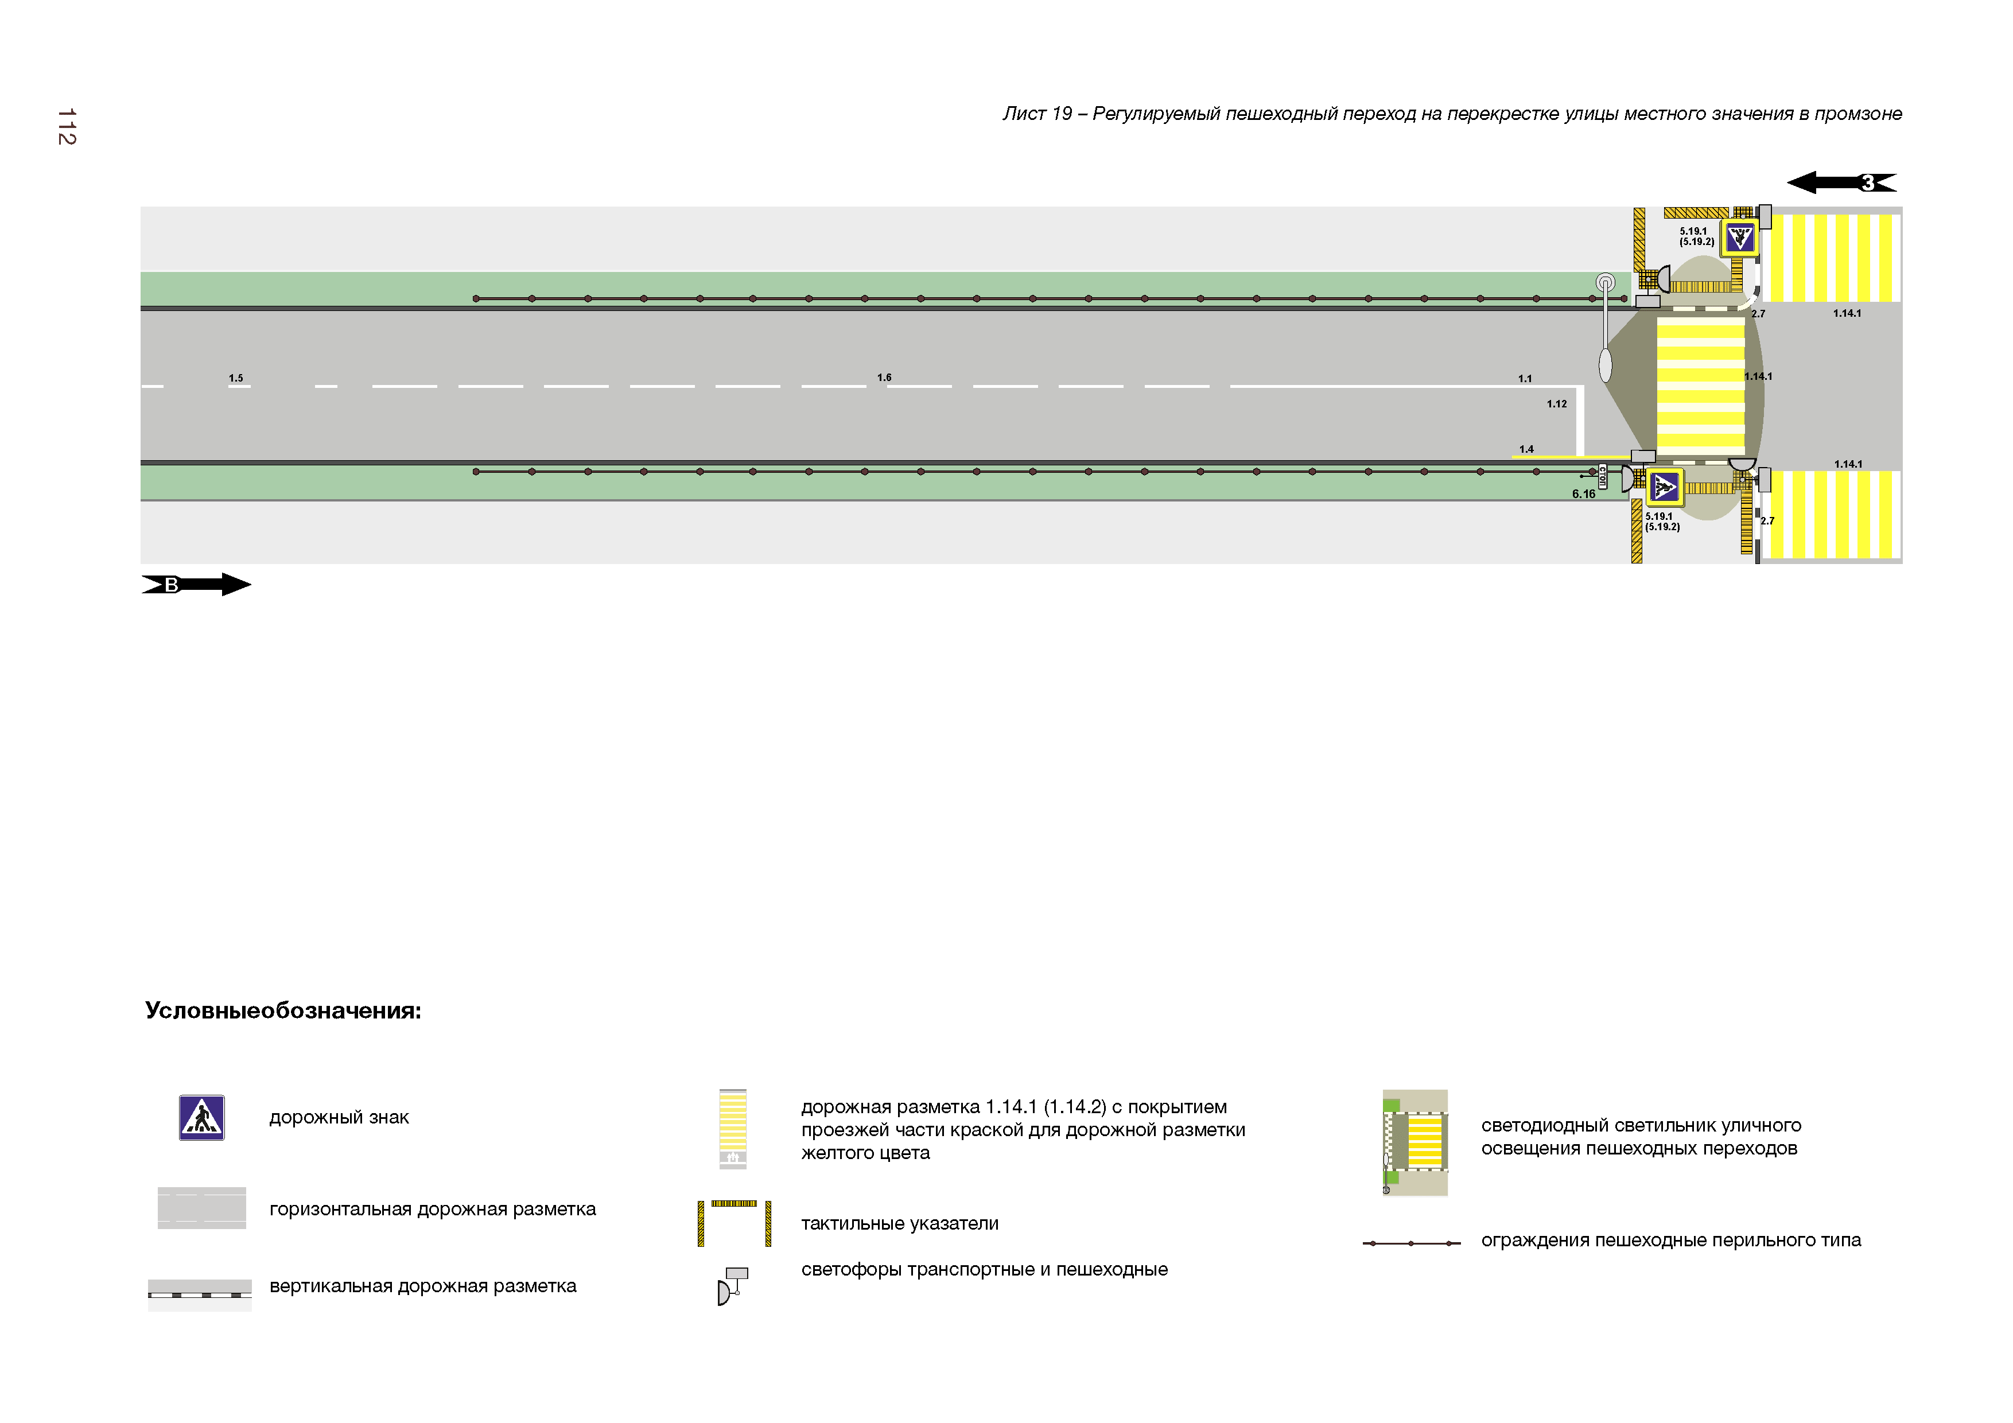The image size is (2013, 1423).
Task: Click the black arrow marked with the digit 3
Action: (1841, 182)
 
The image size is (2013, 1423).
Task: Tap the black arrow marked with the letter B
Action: (196, 585)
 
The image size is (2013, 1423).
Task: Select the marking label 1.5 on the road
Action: (236, 379)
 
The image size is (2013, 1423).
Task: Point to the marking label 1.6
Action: (884, 378)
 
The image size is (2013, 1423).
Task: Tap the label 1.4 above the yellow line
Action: (1526, 449)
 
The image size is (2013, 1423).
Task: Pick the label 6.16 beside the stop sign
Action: (1583, 495)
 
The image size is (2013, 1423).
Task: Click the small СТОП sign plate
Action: (1602, 477)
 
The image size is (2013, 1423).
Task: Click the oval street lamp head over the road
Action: (1606, 365)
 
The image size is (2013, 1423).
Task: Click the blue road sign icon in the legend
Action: (201, 1118)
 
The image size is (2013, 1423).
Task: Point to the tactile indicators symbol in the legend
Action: (735, 1223)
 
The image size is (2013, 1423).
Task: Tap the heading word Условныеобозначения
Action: (282, 1011)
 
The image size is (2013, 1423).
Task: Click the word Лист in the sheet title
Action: (1024, 114)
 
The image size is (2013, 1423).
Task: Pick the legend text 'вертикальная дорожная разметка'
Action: (422, 1286)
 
